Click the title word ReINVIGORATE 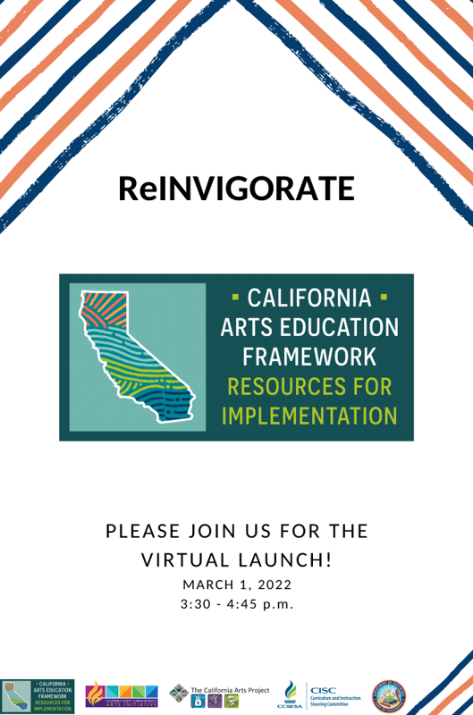(236, 188)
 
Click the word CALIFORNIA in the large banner (309, 297)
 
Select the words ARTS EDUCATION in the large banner (309, 326)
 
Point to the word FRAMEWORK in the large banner (309, 356)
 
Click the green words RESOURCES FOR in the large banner (309, 386)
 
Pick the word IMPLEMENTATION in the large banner (309, 416)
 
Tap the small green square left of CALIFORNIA (235, 294)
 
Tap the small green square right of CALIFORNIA (384, 294)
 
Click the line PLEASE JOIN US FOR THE (236, 531)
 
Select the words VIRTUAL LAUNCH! (236, 560)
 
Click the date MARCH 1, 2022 (236, 585)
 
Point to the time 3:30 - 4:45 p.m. (236, 605)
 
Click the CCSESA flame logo (289, 693)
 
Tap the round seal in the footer (389, 694)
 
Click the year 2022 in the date (273, 585)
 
